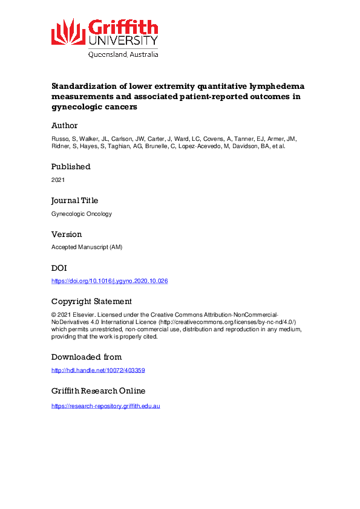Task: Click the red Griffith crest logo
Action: [68, 33]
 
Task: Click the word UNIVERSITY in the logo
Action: [123, 41]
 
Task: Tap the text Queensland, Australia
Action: [123, 54]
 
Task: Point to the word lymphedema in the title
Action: [274, 86]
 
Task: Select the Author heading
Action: [64, 126]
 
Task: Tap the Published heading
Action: [71, 166]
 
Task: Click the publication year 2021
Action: [58, 180]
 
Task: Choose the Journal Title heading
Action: [74, 200]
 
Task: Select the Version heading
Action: [67, 234]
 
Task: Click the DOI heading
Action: [59, 268]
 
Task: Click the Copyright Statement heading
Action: [91, 302]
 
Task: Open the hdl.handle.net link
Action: [98, 371]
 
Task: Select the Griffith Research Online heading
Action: [98, 391]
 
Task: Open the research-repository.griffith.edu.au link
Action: [105, 406]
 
